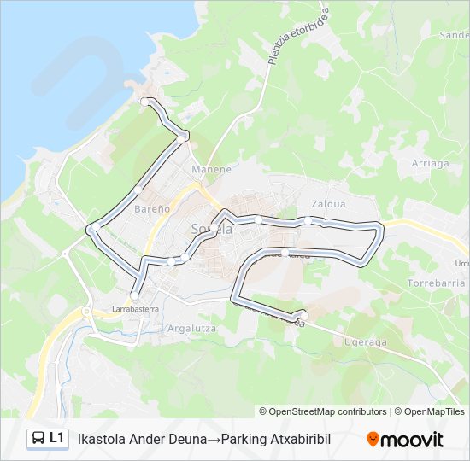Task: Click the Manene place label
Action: [211, 169]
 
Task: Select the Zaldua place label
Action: [328, 204]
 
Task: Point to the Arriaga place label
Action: [430, 163]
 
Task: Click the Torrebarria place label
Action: [436, 283]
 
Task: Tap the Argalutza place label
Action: [191, 328]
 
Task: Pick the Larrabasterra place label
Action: [135, 309]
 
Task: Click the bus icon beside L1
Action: [38, 438]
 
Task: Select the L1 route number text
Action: [57, 438]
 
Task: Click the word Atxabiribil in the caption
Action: [298, 439]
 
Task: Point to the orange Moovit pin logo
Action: [373, 439]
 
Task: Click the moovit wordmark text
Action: [412, 440]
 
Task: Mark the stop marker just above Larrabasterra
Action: [134, 295]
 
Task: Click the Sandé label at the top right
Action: [453, 35]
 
